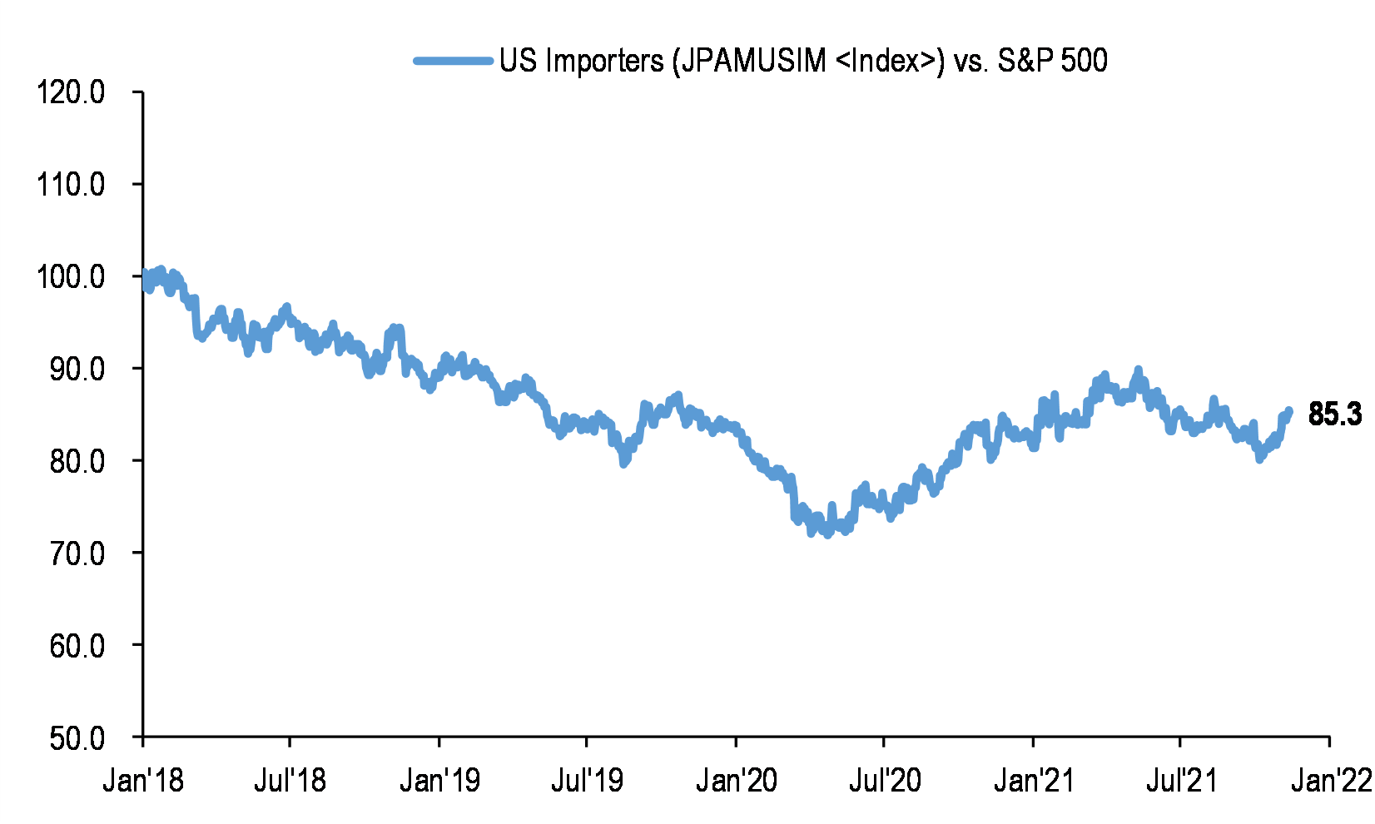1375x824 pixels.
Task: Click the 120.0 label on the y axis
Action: [x=71, y=92]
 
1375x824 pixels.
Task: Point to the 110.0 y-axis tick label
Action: [x=71, y=184]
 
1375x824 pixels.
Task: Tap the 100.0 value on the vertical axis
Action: [x=71, y=276]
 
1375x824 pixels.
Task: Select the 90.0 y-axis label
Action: [x=77, y=369]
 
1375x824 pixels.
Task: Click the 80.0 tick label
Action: [x=77, y=461]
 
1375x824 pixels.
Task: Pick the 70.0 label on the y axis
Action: [x=77, y=553]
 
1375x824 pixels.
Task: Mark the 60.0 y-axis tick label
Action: [x=77, y=646]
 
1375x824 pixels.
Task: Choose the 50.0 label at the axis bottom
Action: [x=77, y=738]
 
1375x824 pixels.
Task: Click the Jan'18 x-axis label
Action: [x=143, y=781]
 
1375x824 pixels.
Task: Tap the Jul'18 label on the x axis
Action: [x=290, y=781]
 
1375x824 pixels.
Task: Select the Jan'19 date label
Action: [x=439, y=781]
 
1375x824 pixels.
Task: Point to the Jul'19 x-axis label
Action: [x=587, y=781]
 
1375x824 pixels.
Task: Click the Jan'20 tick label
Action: [x=737, y=781]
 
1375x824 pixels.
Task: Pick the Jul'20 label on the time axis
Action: [x=884, y=781]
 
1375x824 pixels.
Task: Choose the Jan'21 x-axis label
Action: [x=1034, y=781]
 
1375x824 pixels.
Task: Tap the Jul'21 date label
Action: [x=1181, y=781]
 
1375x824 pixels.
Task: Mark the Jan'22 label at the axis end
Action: [x=1330, y=781]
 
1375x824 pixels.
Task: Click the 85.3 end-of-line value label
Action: [x=1334, y=414]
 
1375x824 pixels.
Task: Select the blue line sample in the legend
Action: [x=454, y=61]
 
